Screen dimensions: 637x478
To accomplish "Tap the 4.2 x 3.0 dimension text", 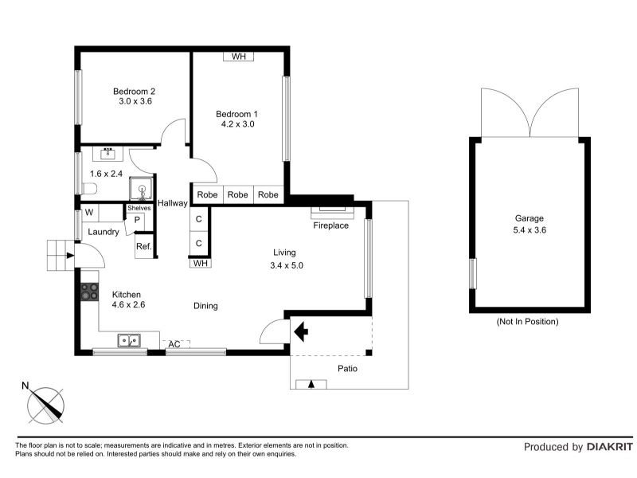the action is click(237, 124).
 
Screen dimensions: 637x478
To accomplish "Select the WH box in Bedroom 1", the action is click(238, 57).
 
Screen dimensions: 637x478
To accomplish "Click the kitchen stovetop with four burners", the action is click(89, 292).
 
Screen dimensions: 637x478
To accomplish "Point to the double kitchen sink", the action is click(129, 341).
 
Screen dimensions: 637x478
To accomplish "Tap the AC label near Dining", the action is click(174, 344).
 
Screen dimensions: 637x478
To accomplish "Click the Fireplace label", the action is click(330, 225).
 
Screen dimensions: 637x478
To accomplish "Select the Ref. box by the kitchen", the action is click(144, 246).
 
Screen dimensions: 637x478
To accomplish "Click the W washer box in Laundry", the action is click(89, 212).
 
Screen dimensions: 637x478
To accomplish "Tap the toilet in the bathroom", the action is click(89, 189).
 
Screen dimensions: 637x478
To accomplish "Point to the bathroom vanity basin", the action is click(107, 154).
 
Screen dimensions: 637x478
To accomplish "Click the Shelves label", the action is click(139, 208).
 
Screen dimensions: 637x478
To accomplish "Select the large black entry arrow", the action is click(301, 331).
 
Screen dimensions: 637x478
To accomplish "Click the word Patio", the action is click(348, 369).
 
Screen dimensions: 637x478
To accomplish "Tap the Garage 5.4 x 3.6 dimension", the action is click(530, 230).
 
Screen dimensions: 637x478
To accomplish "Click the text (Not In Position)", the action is click(527, 322).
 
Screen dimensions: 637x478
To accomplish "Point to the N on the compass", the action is click(25, 386).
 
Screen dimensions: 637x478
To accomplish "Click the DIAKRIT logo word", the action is click(610, 447).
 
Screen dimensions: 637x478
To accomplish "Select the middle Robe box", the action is click(237, 194).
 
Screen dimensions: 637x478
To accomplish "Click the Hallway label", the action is click(173, 203).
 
